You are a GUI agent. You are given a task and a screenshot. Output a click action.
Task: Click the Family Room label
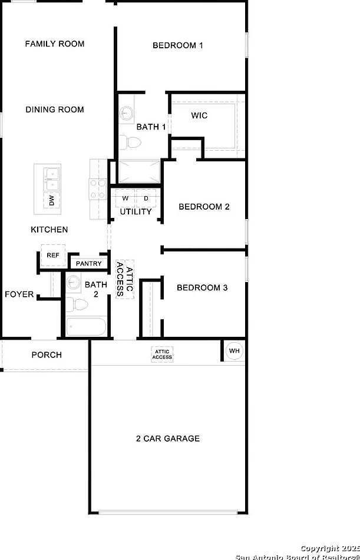point(55,44)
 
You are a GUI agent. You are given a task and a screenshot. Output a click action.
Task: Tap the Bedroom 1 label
point(178,45)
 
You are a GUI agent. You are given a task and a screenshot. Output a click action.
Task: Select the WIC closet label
point(199,115)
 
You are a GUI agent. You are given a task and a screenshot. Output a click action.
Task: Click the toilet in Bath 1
point(130,143)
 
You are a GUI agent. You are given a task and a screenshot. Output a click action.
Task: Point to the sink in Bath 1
point(125,113)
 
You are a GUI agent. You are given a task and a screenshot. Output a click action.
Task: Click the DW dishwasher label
point(52,200)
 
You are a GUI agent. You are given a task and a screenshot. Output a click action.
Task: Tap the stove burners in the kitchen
point(98,189)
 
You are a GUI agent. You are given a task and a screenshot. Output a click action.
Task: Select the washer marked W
point(125,198)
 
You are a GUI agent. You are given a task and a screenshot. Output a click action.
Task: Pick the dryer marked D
point(146,198)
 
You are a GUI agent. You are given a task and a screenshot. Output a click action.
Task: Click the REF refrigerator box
point(53,256)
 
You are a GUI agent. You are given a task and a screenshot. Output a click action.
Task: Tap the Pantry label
point(88,264)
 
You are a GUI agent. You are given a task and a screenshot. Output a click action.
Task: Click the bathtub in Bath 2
point(87,326)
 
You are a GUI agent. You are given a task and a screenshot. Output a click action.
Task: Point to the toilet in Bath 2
point(77,304)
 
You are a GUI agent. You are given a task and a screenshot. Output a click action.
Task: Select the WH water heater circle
point(235,351)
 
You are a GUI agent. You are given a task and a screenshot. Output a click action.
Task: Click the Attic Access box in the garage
point(162,354)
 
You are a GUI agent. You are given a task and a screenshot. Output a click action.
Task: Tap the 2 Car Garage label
point(168,439)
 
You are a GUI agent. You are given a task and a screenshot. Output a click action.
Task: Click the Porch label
point(47,355)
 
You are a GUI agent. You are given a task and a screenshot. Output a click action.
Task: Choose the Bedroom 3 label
point(202,287)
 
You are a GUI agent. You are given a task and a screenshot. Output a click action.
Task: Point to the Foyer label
point(19,294)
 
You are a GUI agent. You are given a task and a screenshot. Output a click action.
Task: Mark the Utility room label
point(136,212)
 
